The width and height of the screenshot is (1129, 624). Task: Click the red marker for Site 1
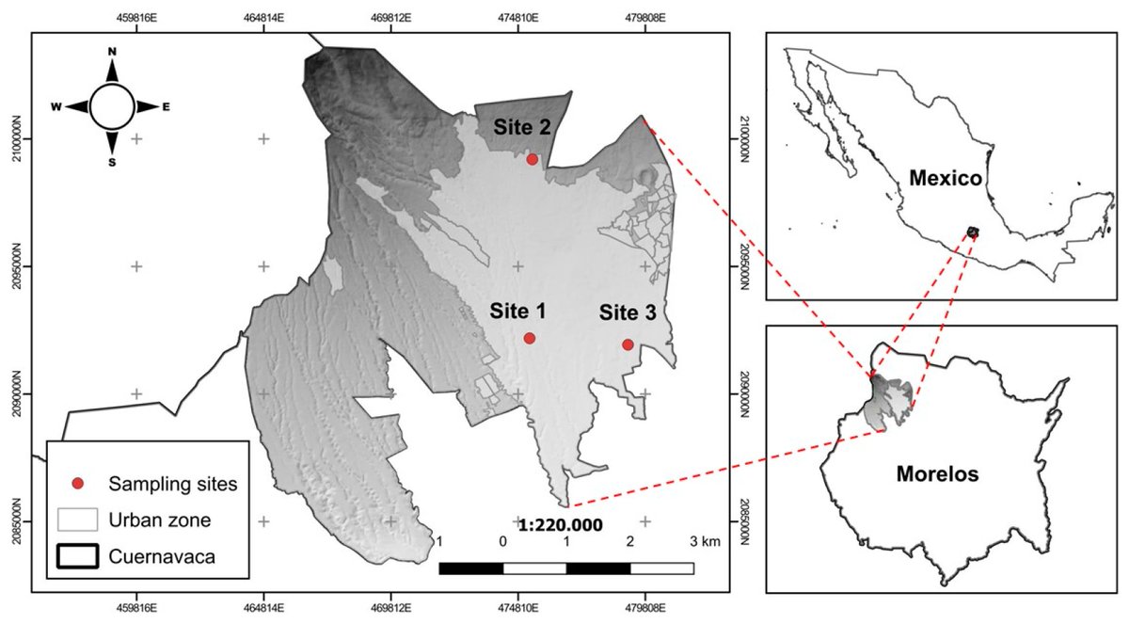coord(530,338)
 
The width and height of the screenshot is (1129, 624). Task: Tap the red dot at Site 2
coord(533,159)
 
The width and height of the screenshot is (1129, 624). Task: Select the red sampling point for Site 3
coord(628,344)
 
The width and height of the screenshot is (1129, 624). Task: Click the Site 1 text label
coord(517,311)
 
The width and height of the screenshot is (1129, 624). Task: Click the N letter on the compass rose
coord(112,52)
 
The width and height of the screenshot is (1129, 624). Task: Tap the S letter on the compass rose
coord(112,162)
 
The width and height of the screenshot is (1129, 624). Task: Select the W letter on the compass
coord(56,107)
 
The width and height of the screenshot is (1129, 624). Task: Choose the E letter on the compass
coord(167,107)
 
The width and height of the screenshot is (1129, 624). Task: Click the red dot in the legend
coord(78,484)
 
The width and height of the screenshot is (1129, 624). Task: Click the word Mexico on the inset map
coord(945,178)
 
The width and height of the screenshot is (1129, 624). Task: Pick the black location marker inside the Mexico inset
coord(973,232)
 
